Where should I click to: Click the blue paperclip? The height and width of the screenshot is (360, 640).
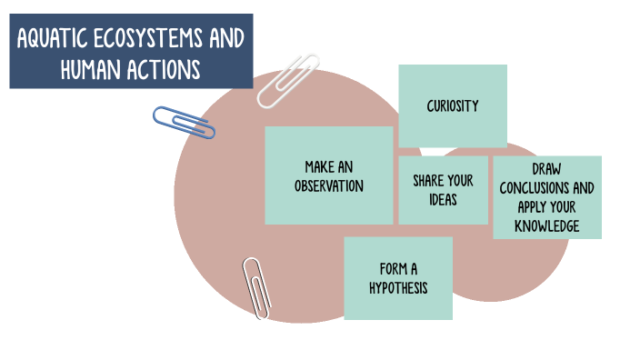point(185,123)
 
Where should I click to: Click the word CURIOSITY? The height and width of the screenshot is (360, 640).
point(453,106)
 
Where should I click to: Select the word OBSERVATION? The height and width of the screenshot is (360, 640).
point(329,185)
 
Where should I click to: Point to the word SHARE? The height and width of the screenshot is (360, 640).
point(427,181)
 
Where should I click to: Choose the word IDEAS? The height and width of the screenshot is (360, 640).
point(443,199)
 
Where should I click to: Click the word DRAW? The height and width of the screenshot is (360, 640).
point(547,170)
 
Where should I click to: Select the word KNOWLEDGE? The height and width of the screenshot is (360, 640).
point(546,225)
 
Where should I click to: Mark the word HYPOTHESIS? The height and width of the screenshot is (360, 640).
point(397,288)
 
